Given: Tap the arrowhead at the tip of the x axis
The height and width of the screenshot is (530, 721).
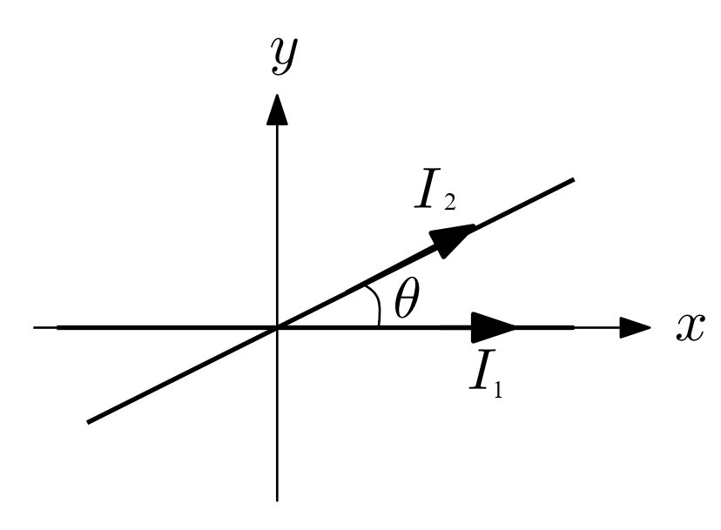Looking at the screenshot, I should pyautogui.click(x=635, y=327).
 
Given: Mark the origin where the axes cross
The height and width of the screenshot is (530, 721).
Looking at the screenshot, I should pyautogui.click(x=277, y=327).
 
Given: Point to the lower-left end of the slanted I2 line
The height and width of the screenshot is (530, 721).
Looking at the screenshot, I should pyautogui.click(x=89, y=422).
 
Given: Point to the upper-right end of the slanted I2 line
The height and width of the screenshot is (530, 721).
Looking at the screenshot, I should pyautogui.click(x=574, y=179).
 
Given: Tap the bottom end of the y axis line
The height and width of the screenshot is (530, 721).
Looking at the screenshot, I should pyautogui.click(x=277, y=500).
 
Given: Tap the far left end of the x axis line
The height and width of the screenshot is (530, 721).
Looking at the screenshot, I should pyautogui.click(x=35, y=327).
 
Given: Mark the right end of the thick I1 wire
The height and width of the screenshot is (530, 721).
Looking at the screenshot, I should pyautogui.click(x=573, y=327).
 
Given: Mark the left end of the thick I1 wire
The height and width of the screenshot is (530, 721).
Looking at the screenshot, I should pyautogui.click(x=58, y=327).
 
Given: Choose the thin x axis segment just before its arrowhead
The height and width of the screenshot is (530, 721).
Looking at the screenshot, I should pyautogui.click(x=596, y=327).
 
